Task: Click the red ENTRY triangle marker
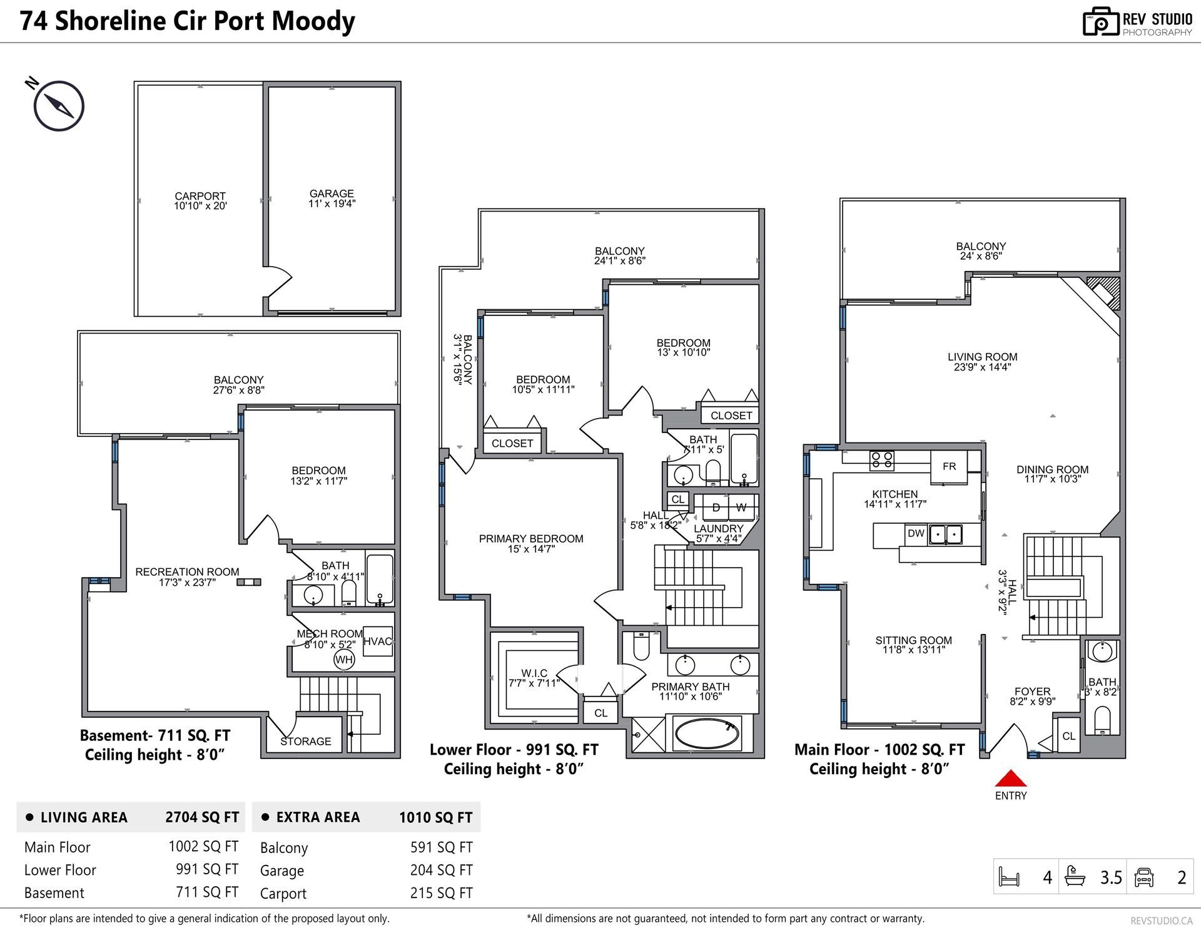pyautogui.click(x=1011, y=779)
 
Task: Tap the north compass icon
pyautogui.click(x=58, y=106)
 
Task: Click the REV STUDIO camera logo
pyautogui.click(x=1100, y=22)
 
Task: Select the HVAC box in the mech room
pyautogui.click(x=378, y=641)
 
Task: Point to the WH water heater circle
pyautogui.click(x=344, y=659)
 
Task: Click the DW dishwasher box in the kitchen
pyautogui.click(x=916, y=533)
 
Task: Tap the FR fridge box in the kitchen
pyautogui.click(x=949, y=466)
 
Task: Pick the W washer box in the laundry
pyautogui.click(x=741, y=507)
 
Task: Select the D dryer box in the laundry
pyautogui.click(x=716, y=507)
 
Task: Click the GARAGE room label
pyautogui.click(x=332, y=194)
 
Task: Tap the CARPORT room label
pyautogui.click(x=200, y=196)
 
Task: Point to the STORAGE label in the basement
pyautogui.click(x=306, y=742)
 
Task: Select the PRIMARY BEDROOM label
pyautogui.click(x=531, y=539)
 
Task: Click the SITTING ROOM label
pyautogui.click(x=913, y=640)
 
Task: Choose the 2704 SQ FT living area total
pyautogui.click(x=202, y=817)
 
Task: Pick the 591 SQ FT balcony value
pyautogui.click(x=442, y=847)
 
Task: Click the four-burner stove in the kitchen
pyautogui.click(x=882, y=461)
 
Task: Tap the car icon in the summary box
pyautogui.click(x=1144, y=877)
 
